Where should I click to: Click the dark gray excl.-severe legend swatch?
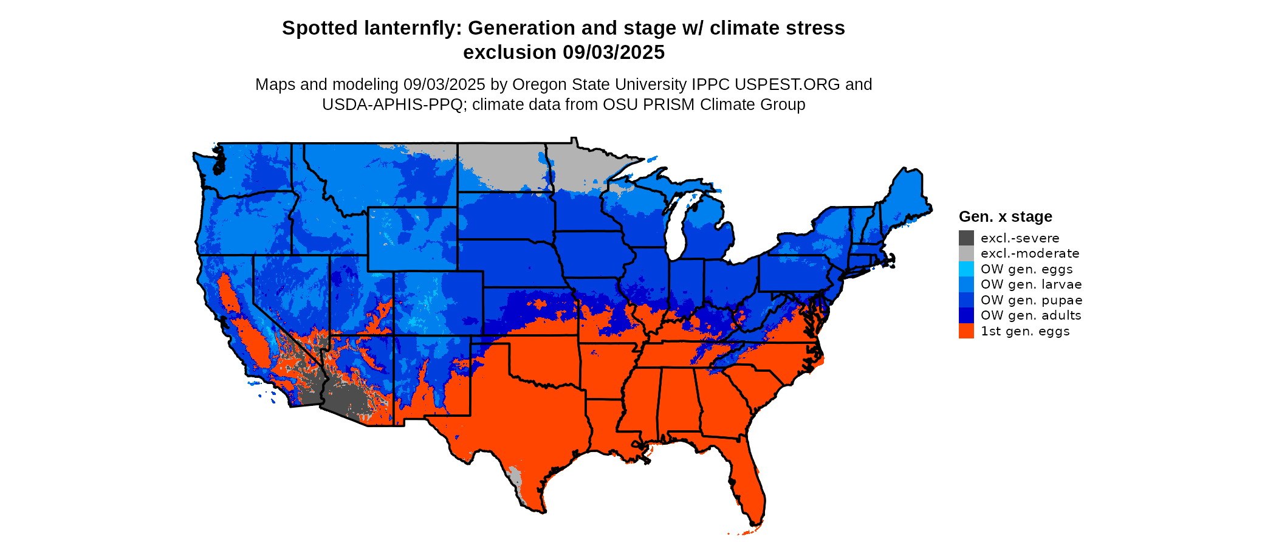tap(966, 238)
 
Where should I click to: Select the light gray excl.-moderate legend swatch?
tap(966, 253)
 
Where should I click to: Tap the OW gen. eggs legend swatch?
tap(966, 269)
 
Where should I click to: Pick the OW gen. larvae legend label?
tap(1031, 284)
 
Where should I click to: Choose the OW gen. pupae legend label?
tap(1031, 300)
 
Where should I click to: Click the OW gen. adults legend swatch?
tap(966, 315)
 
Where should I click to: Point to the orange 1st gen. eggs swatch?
tap(966, 331)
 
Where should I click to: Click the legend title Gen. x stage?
tap(1005, 216)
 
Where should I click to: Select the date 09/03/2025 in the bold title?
tap(614, 52)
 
